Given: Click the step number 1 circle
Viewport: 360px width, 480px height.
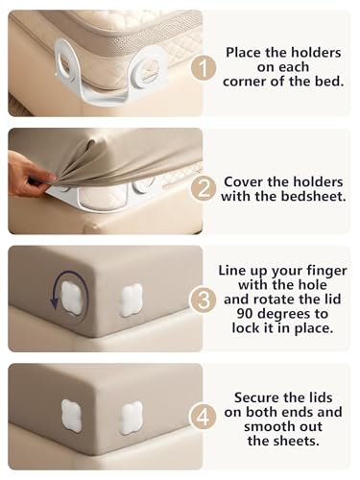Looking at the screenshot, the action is pyautogui.click(x=204, y=68).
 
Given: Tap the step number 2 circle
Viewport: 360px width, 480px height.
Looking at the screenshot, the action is pyautogui.click(x=204, y=189).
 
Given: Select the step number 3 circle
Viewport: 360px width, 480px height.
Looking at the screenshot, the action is pyautogui.click(x=204, y=300).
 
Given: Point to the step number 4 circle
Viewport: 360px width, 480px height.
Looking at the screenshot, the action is pyautogui.click(x=204, y=418).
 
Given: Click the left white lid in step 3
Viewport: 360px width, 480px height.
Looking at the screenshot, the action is pyautogui.click(x=72, y=298).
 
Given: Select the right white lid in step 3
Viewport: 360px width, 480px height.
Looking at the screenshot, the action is pyautogui.click(x=131, y=300).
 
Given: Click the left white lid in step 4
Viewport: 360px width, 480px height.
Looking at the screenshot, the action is pyautogui.click(x=72, y=416).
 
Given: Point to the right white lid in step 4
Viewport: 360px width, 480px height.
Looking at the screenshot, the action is pyautogui.click(x=131, y=418).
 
